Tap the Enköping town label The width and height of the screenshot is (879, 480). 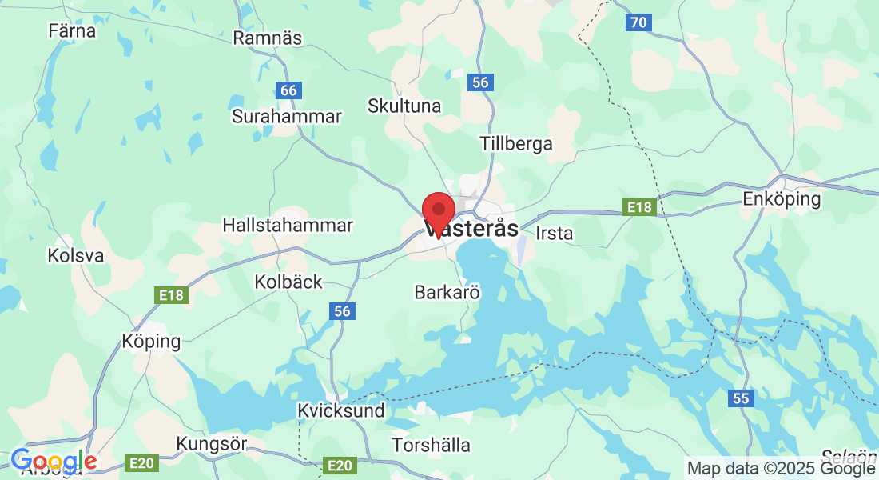point(782,198)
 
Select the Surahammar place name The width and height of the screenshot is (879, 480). point(286,117)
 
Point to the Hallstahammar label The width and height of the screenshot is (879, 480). point(288,226)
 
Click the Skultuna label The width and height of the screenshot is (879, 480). point(404,106)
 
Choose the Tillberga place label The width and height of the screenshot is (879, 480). point(516,144)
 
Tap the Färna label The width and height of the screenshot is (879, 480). point(72,31)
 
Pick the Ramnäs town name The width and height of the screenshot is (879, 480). point(268,38)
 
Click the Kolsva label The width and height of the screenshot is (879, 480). point(76,256)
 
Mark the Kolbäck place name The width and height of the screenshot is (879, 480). point(288,282)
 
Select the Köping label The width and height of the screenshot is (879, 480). point(151,342)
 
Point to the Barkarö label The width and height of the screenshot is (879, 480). point(447,293)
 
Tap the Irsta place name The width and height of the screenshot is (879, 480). point(555,234)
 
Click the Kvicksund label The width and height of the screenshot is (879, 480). point(340,410)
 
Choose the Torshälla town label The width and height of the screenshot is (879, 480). point(431,445)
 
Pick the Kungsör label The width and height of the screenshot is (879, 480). point(212,443)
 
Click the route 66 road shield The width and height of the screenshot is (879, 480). point(288,90)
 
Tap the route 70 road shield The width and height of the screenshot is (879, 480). point(638,22)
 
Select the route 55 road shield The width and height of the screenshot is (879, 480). point(741,398)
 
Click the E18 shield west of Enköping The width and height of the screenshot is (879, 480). point(639,208)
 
